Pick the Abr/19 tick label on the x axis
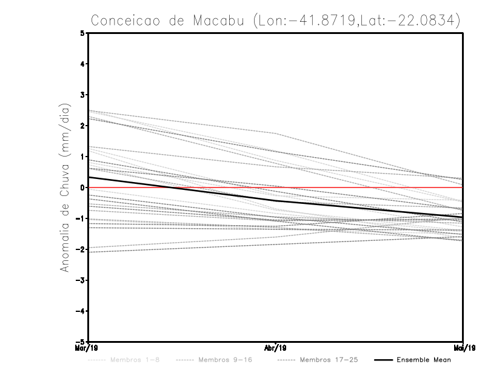click(276, 348)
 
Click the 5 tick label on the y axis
click(82, 33)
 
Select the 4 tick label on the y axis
click(82, 64)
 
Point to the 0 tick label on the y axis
click(82, 187)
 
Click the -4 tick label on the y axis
click(81, 311)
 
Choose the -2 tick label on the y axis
click(81, 249)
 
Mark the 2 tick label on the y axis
click(82, 126)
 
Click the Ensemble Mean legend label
click(424, 360)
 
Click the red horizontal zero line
click(364, 187)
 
